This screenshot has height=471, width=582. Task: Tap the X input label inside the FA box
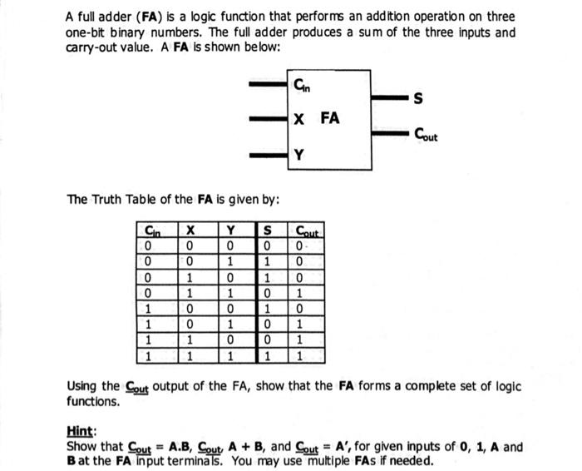[299, 118]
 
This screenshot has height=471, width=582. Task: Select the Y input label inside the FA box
[299, 155]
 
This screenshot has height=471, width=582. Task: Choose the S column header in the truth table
[268, 231]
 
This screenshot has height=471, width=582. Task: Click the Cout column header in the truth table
[304, 231]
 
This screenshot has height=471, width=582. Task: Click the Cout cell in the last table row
[301, 355]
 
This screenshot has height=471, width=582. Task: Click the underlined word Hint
[80, 432]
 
